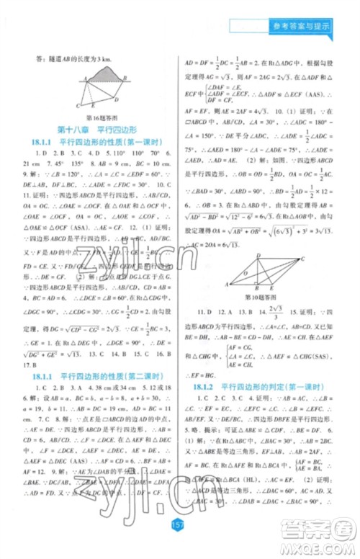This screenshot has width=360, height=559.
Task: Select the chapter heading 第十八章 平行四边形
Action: [98, 131]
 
